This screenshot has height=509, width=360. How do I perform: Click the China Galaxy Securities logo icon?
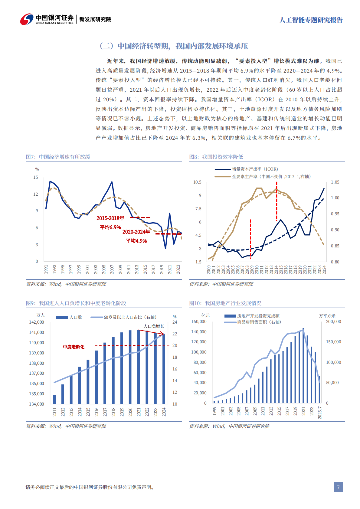[x=27, y=19]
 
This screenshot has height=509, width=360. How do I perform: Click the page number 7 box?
[x=338, y=487]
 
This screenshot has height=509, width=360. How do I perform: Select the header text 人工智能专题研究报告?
[x=311, y=20]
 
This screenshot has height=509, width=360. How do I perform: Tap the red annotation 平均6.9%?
[x=110, y=227]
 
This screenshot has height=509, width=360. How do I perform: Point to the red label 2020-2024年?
[x=136, y=232]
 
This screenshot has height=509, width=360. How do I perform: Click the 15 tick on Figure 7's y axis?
[x=36, y=177]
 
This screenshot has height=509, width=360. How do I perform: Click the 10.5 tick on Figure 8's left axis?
[x=197, y=182]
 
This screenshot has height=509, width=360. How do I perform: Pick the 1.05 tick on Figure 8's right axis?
[x=335, y=182]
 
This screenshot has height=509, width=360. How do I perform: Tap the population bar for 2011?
[x=54, y=399]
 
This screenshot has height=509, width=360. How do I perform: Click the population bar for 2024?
[x=164, y=369]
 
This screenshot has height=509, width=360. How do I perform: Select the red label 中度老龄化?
[x=74, y=347]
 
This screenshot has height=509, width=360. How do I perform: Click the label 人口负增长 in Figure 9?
[x=154, y=326]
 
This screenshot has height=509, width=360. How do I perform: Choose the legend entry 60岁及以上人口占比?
[x=130, y=317]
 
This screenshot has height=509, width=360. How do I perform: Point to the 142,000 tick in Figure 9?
[x=37, y=322]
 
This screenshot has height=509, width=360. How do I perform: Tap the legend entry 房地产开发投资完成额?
[x=258, y=316]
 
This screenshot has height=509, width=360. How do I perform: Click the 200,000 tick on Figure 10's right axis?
[x=333, y=321]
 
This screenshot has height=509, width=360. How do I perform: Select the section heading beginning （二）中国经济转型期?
[x=174, y=46]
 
